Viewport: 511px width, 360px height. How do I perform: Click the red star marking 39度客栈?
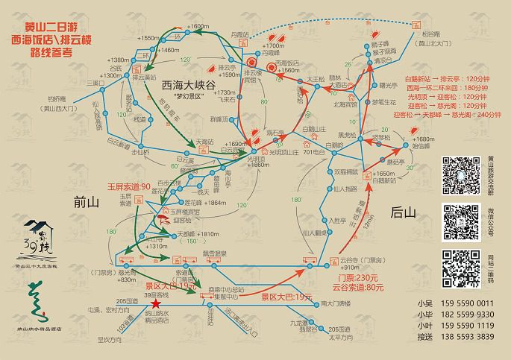point(155,305)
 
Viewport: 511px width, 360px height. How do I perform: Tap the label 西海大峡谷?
point(189,86)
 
